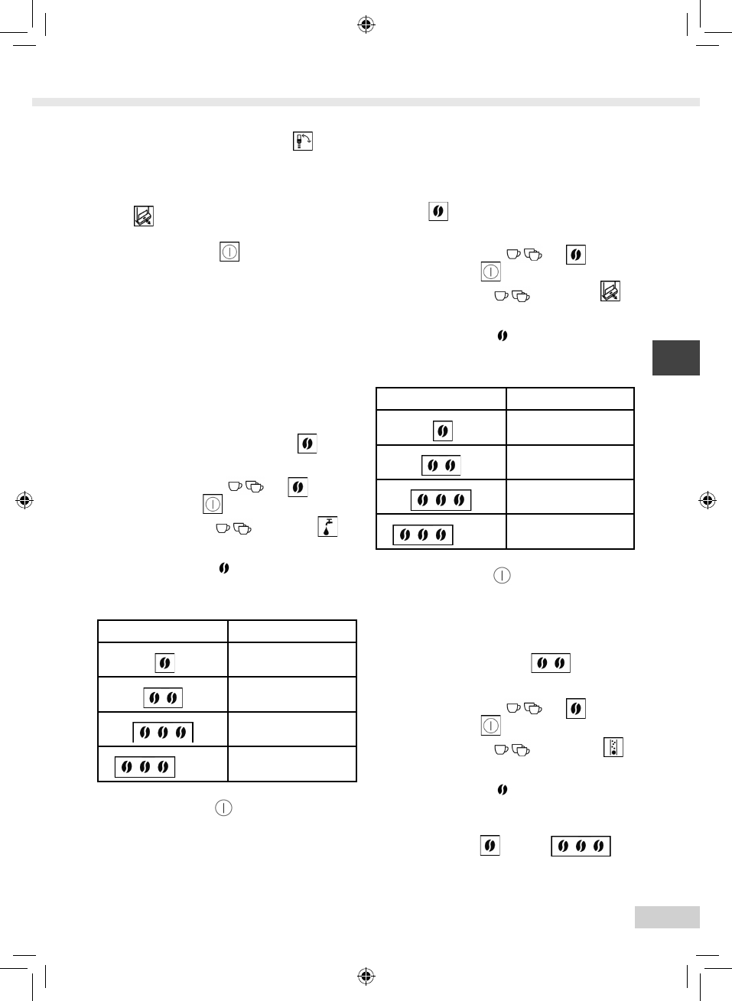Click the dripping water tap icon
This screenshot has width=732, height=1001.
tap(327, 527)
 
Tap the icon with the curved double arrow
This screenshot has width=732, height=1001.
tap(303, 141)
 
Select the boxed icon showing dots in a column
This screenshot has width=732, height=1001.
tap(613, 747)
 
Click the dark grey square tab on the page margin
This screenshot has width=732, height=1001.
tap(675, 358)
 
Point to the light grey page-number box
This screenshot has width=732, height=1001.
tap(666, 917)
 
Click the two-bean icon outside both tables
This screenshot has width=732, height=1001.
tap(551, 663)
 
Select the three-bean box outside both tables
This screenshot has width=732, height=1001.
tap(581, 846)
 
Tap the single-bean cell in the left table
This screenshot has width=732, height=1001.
tap(164, 663)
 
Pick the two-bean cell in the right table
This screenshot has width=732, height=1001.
tap(441, 465)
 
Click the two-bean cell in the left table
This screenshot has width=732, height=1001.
tap(163, 697)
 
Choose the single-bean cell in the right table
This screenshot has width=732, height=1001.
tap(442, 431)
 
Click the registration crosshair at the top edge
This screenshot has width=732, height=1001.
tap(366, 25)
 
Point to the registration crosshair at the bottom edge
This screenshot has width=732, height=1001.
tap(366, 976)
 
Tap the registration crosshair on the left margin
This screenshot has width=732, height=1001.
tap(24, 501)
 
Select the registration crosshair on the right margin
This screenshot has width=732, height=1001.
tap(708, 501)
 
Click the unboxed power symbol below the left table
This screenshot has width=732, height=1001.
tap(223, 808)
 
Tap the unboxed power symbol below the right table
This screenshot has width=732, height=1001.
tap(502, 575)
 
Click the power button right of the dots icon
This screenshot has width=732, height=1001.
tap(490, 725)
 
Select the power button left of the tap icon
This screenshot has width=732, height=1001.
tap(213, 504)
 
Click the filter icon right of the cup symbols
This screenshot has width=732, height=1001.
tap(610, 291)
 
